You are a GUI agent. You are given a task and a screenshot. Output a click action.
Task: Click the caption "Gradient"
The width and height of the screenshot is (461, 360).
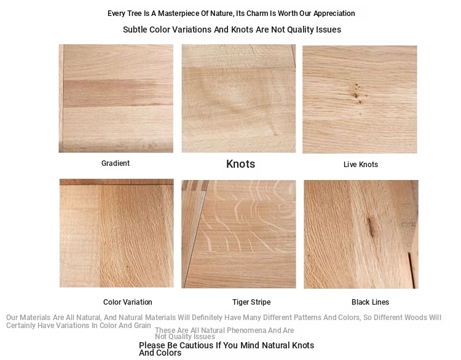[116, 163]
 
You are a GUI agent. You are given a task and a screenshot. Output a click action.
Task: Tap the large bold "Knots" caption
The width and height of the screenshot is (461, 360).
[240, 164]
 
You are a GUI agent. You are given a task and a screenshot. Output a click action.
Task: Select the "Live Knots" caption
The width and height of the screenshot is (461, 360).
[361, 165]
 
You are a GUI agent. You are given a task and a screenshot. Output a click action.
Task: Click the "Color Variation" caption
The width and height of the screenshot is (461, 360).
[128, 302]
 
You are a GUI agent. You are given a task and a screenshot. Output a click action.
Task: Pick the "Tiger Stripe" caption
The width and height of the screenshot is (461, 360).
[251, 302]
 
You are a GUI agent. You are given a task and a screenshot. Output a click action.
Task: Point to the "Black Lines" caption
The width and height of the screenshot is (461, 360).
[370, 302]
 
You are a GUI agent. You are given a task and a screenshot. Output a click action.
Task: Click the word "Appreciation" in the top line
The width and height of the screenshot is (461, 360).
[334, 14]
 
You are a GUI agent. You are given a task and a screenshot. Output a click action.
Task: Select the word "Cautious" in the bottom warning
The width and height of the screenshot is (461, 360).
[195, 345]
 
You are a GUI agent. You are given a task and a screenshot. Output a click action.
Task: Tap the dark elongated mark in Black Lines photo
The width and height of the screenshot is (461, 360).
[371, 227]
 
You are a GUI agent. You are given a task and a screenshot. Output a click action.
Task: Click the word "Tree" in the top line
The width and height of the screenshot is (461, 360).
[134, 14]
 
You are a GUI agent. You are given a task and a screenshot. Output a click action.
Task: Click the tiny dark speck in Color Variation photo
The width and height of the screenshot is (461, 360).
[128, 267]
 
